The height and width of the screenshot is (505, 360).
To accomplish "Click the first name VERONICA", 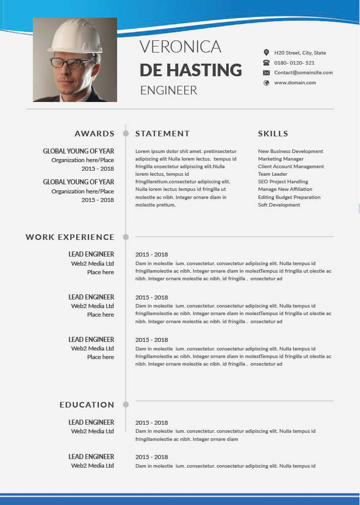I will tap(180, 46).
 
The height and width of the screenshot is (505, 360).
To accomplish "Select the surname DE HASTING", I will tap(190, 69).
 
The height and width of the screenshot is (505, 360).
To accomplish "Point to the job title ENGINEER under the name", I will tap(169, 90).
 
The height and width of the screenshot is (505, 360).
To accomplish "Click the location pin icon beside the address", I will tap(267, 53).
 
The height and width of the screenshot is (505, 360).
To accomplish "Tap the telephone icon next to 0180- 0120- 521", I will tap(267, 63).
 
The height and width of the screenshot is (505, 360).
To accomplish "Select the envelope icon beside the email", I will tap(267, 73).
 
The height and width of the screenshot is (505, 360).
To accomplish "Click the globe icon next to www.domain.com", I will tap(267, 83).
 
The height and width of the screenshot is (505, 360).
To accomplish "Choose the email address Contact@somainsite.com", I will tap(303, 73).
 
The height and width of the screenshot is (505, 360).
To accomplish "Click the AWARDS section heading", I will tap(94, 134).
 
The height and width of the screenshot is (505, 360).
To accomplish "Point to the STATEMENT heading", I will tap(163, 134).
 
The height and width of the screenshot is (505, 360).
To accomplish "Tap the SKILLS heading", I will tap(273, 134).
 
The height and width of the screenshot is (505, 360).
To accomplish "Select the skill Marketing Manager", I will tap(281, 159).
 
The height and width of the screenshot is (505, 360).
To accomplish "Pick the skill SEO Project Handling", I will tap(283, 182).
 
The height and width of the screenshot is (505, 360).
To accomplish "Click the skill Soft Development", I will tap(279, 205).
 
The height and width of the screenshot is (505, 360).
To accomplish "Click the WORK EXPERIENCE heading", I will tap(70, 237).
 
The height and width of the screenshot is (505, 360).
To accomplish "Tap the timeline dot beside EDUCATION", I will tap(126, 405).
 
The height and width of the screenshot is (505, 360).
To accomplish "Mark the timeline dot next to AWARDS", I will tap(126, 134).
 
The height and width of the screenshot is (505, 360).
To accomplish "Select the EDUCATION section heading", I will tap(87, 405).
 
